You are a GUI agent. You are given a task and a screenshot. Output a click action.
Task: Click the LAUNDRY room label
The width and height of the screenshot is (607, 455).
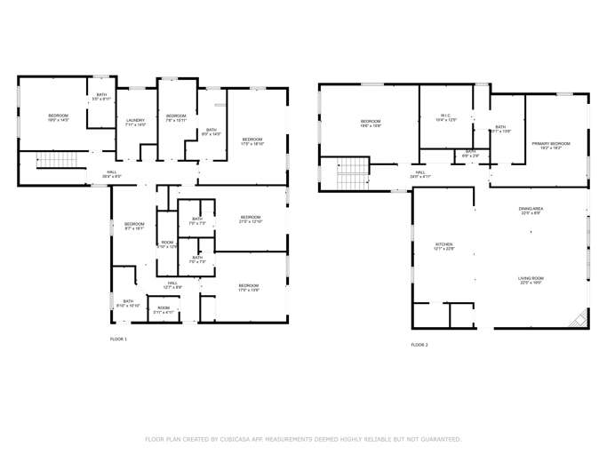(135, 122)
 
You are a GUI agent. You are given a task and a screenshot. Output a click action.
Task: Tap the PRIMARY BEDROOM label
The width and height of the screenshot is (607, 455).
(551, 145)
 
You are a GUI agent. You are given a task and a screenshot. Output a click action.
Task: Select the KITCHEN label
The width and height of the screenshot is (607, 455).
(443, 246)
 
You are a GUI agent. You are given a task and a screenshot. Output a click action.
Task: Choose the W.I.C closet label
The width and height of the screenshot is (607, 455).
(446, 116)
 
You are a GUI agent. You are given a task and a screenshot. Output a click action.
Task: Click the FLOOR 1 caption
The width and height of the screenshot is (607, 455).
(118, 339)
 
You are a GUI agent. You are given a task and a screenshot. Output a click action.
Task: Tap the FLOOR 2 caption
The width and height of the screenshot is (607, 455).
(419, 344)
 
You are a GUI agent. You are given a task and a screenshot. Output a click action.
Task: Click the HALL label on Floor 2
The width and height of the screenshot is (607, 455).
(420, 174)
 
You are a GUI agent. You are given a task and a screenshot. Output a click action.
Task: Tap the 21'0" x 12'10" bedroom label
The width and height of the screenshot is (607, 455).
(251, 219)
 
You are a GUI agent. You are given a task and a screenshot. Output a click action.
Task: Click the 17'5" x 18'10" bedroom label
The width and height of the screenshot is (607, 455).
(252, 140)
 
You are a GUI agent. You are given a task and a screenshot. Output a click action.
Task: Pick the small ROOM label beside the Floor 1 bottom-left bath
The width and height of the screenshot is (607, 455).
(164, 309)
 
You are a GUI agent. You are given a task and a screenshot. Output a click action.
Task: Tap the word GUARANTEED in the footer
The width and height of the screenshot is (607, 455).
(438, 439)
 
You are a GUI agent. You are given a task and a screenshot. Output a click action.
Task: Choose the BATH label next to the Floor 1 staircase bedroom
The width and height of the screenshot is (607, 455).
(101, 96)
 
